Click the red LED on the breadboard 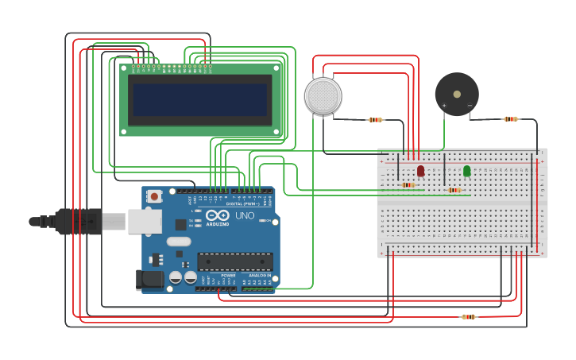coord(420,171)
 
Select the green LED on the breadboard coord(466,171)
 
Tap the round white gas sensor coord(323,95)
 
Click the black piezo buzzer coord(457,94)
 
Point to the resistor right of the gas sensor coord(376,120)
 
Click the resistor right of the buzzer coord(510,119)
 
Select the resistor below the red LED coord(408,185)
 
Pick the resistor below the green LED coord(454,190)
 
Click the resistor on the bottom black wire coord(469,317)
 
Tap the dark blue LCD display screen coord(199,100)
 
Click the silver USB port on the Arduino coord(145,222)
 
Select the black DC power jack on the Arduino coord(149,280)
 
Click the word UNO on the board coord(244,215)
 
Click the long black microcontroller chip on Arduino coord(234,261)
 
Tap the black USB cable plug coord(79,221)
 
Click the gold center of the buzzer coord(457,94)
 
